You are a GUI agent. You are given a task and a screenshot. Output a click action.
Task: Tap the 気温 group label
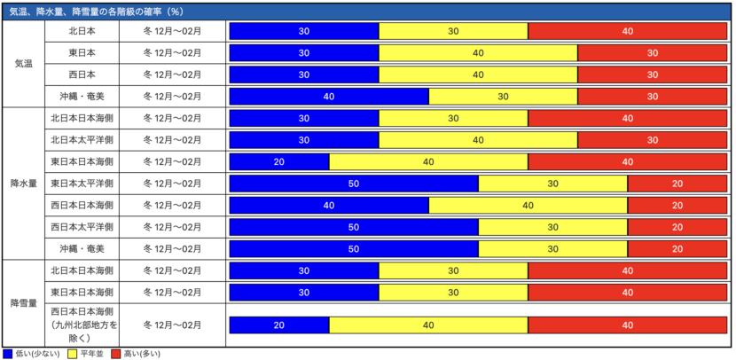[x=25, y=64]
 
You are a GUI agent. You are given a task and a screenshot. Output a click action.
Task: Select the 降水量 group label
[x=25, y=184]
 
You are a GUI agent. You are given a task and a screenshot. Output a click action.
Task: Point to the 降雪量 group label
[x=25, y=303]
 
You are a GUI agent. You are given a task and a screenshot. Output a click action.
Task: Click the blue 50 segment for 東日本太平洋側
[x=354, y=184]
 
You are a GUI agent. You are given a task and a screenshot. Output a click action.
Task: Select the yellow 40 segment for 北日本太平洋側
[x=478, y=140]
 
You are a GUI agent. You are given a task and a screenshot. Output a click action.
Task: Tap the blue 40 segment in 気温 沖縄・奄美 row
[x=329, y=97]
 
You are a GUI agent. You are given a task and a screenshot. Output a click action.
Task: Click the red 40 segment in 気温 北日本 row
[x=628, y=31]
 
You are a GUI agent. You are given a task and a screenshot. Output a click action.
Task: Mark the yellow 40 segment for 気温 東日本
[x=478, y=53]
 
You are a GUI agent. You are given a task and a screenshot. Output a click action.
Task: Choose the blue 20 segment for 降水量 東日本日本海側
[x=279, y=162]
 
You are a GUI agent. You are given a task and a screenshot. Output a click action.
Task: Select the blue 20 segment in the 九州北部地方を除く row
[x=279, y=325]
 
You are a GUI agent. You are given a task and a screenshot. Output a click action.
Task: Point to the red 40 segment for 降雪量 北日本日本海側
[x=628, y=270]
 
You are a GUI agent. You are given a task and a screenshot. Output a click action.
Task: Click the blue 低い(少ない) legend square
[x=8, y=353]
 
